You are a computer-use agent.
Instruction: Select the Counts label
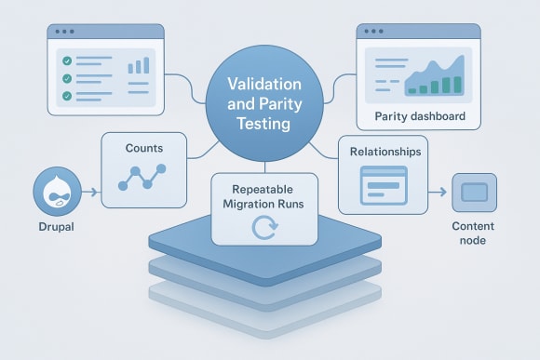click(143, 148)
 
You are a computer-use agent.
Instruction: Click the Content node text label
click(473, 233)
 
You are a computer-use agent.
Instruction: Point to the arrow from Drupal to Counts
click(90, 193)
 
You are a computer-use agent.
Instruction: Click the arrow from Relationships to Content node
click(436, 193)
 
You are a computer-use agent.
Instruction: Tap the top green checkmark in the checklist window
click(66, 60)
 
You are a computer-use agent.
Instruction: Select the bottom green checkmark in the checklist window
click(66, 95)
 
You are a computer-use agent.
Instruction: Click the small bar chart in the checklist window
click(139, 65)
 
